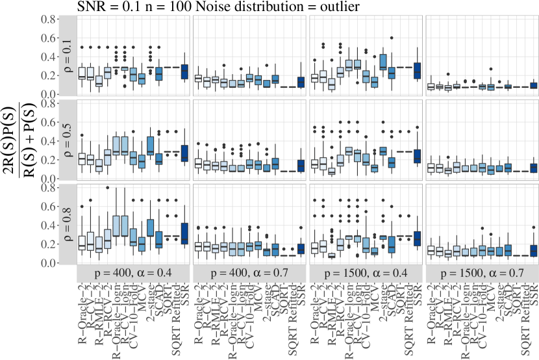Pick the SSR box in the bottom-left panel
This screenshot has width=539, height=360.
(x=184, y=232)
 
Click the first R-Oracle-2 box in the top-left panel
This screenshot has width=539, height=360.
(x=82, y=73)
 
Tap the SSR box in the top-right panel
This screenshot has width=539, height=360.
(x=534, y=85)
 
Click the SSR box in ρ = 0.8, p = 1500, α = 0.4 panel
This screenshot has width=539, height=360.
(x=417, y=238)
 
